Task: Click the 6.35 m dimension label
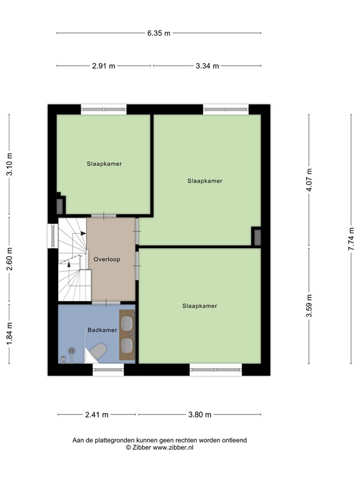[159, 33]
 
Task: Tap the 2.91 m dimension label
[104, 66]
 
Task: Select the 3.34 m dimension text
[207, 66]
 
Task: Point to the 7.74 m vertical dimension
[351, 239]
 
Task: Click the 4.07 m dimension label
[309, 180]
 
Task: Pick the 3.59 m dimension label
[309, 306]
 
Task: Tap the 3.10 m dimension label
[9, 164]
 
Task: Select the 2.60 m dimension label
[9, 259]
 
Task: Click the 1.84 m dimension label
[9, 333]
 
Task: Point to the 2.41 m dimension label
[97, 415]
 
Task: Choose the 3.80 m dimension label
[199, 415]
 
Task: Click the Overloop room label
[107, 259]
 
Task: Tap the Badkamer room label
[102, 330]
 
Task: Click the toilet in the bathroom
[98, 350]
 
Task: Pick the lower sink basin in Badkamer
[127, 345]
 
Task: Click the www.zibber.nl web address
[173, 447]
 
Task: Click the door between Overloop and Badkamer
[106, 302]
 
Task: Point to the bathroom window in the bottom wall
[108, 370]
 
